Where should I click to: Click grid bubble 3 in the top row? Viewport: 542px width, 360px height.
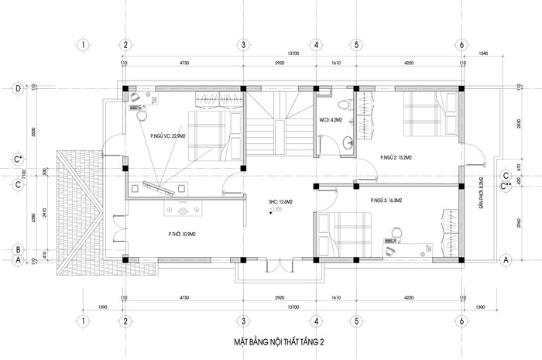(x=242, y=45)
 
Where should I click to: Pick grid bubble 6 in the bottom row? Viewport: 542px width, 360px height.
(x=461, y=320)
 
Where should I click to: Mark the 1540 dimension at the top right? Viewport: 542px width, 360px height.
(x=484, y=53)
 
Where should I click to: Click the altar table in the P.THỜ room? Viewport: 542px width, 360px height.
(x=184, y=210)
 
